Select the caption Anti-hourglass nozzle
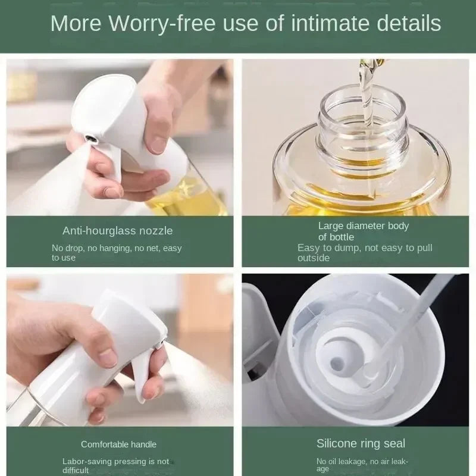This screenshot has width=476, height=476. point(117,230)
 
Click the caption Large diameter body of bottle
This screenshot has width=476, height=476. point(364,231)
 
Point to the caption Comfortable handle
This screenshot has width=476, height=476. point(118,444)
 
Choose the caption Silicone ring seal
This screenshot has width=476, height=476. point(361,443)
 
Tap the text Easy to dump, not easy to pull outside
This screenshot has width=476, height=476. point(364,252)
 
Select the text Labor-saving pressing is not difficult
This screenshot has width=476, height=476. point(115,465)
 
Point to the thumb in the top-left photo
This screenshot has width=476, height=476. point(156,128)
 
